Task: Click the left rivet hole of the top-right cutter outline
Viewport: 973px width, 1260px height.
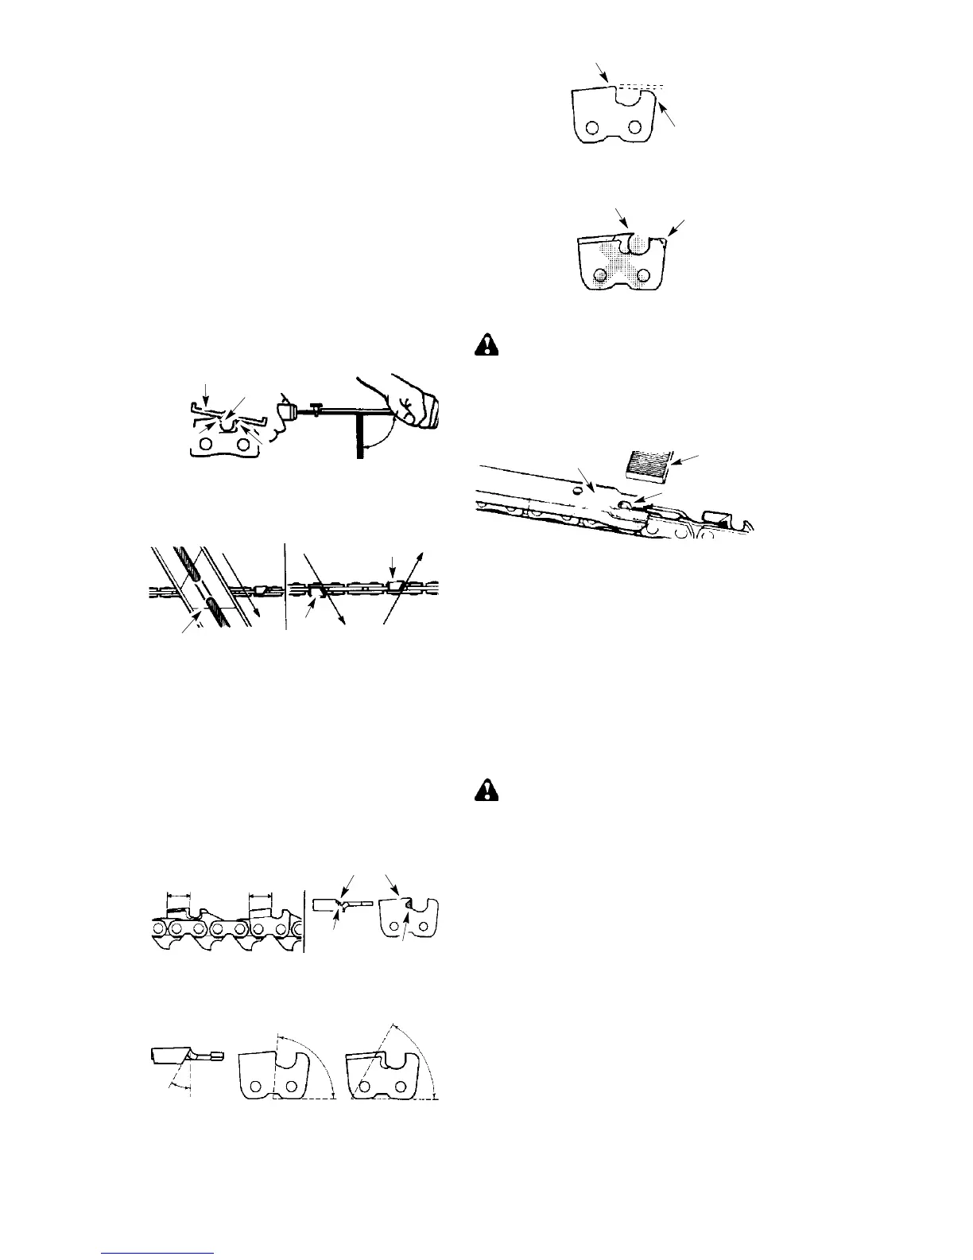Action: point(592,128)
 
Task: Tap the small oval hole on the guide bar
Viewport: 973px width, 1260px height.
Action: point(572,491)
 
